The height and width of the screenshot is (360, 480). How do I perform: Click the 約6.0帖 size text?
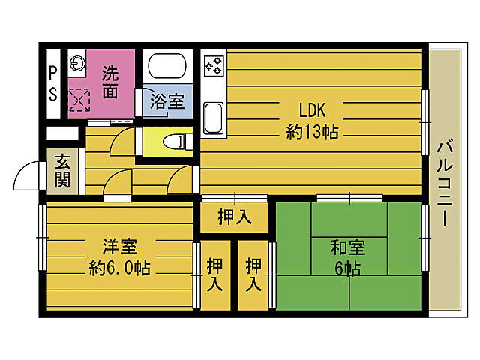pyautogui.click(x=119, y=268)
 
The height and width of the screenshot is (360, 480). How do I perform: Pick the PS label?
pyautogui.click(x=52, y=83)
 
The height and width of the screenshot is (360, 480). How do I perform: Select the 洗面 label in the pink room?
pyautogui.click(x=110, y=82)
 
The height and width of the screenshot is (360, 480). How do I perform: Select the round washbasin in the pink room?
pyautogui.click(x=78, y=63)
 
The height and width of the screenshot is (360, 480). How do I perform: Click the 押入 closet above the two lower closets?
pyautogui.click(x=233, y=217)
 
